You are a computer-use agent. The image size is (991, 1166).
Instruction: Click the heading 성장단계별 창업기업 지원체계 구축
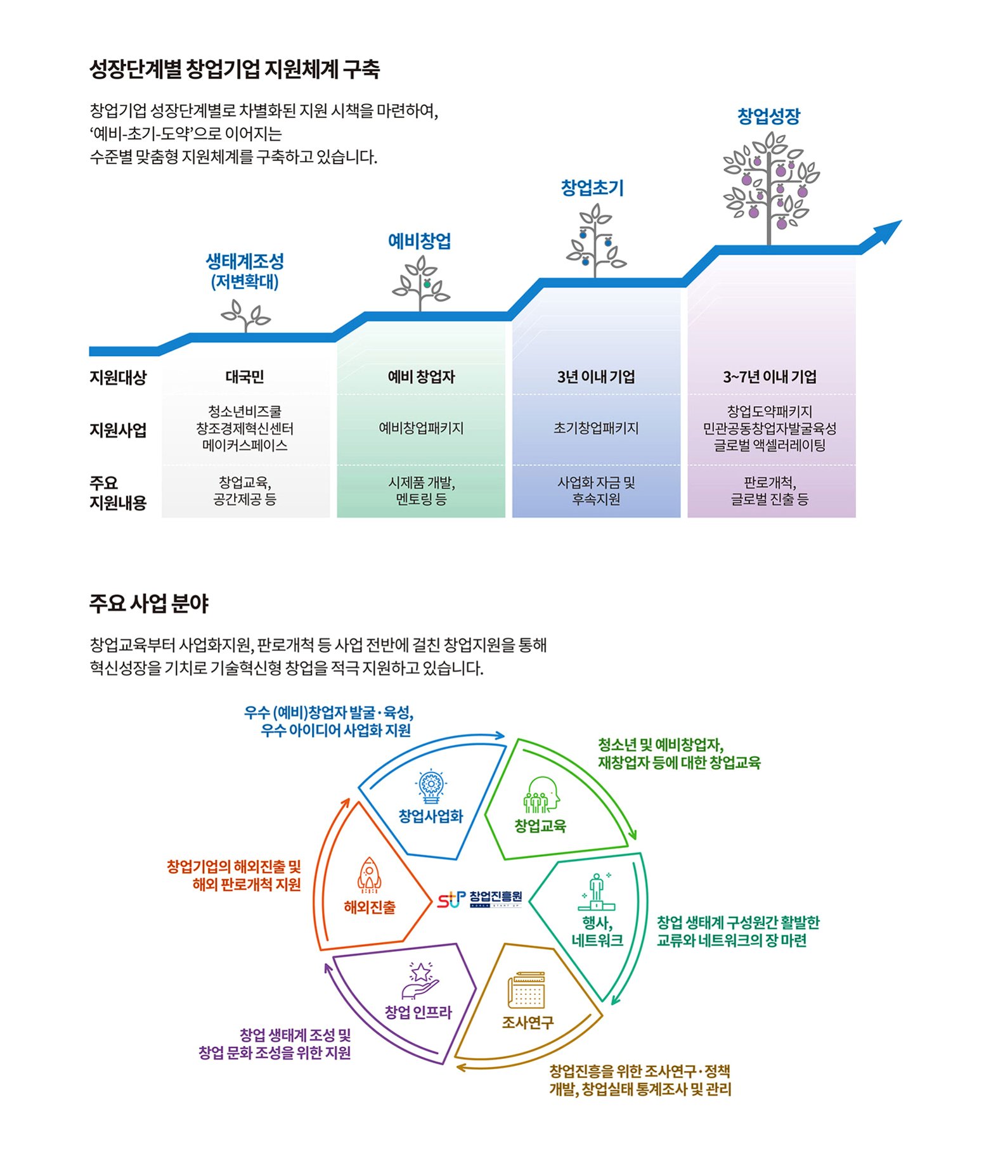(x=235, y=69)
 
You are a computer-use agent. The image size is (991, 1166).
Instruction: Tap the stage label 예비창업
(x=419, y=241)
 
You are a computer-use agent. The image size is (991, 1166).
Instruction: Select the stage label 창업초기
(x=592, y=188)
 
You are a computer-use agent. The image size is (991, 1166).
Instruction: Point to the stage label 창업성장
(x=768, y=117)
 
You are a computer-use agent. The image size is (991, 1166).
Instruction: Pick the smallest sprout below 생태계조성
(x=245, y=316)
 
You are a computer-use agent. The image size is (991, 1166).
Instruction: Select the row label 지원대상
(x=118, y=378)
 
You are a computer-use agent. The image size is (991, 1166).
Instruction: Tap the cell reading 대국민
(x=245, y=378)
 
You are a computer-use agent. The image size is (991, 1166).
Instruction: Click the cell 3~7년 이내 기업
(x=770, y=378)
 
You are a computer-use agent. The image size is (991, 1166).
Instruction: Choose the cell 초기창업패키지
(x=595, y=428)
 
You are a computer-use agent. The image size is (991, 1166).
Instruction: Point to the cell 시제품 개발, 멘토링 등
(x=421, y=491)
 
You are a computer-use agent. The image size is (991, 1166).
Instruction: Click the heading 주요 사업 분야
(x=149, y=603)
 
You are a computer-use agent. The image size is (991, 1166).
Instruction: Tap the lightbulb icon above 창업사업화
(x=431, y=786)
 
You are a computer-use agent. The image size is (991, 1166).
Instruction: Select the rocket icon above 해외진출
(x=369, y=875)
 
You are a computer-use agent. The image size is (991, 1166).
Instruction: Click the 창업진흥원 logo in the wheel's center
(x=480, y=899)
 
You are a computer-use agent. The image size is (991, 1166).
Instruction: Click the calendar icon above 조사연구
(x=526, y=990)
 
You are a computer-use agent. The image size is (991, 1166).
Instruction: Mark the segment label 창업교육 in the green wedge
(x=540, y=826)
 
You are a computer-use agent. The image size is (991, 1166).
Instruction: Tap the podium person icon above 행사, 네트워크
(x=597, y=890)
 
